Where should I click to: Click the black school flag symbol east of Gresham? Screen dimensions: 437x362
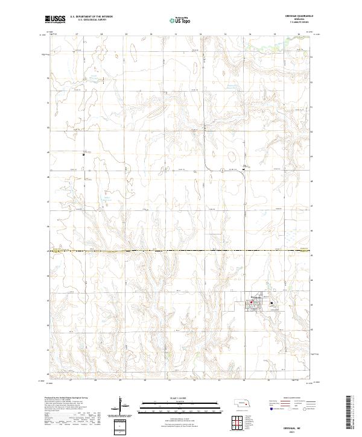click(272, 303)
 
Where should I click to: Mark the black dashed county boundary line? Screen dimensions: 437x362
click(181, 250)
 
